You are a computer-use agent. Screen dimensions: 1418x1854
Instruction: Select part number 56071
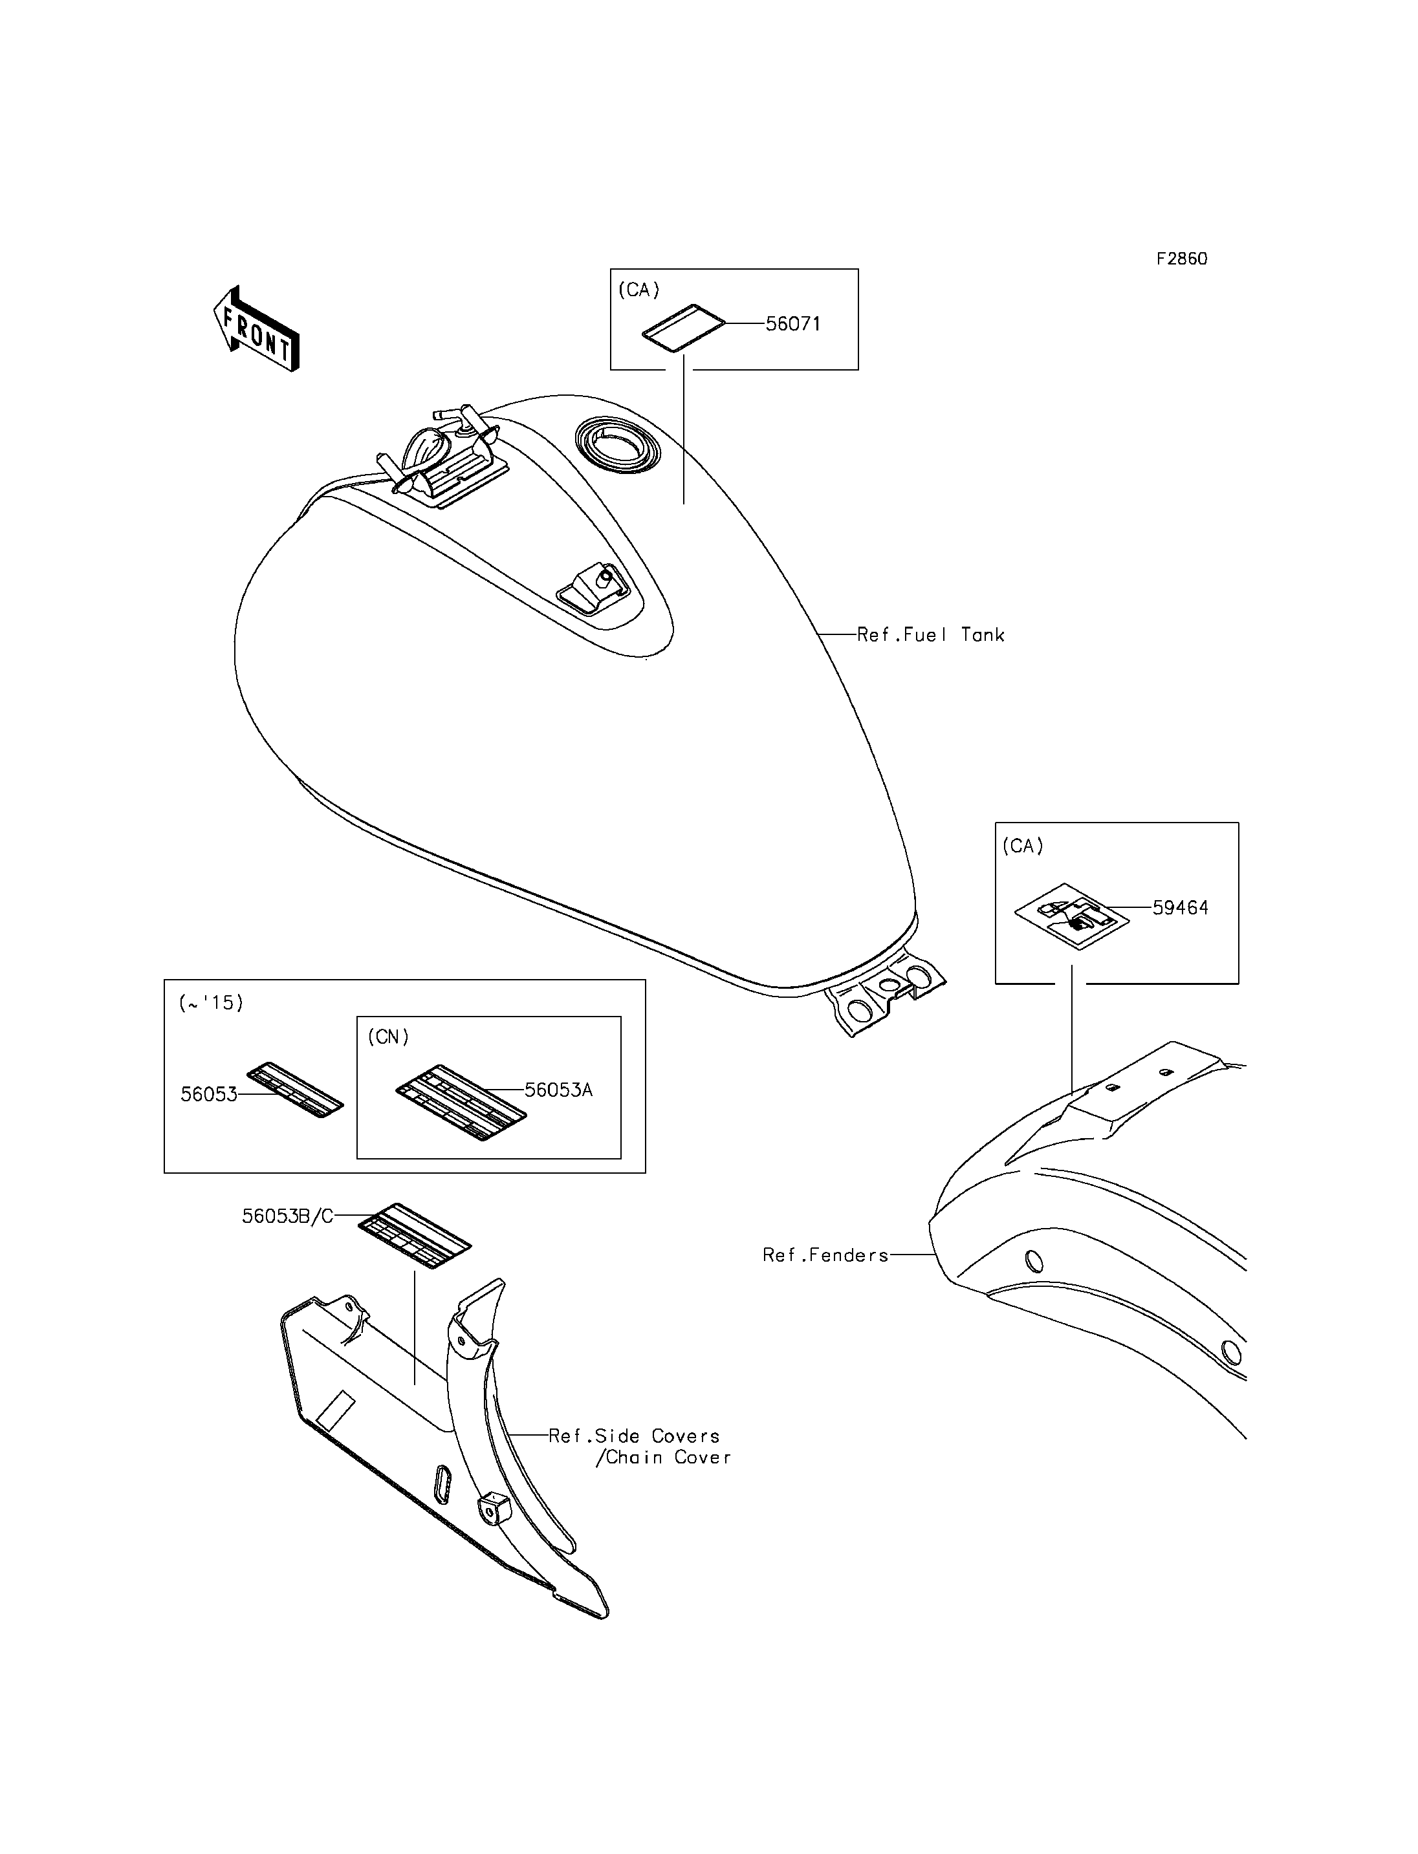coord(792,324)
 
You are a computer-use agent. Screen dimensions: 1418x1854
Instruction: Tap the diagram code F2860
coord(1182,259)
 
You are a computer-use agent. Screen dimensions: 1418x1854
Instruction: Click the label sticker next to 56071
coord(684,326)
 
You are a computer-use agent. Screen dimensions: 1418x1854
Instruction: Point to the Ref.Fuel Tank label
coord(931,634)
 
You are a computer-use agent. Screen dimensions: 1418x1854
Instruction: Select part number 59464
coord(1181,908)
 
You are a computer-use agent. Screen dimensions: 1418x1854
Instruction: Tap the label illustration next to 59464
coord(1072,916)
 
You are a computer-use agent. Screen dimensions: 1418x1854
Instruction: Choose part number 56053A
coord(559,1090)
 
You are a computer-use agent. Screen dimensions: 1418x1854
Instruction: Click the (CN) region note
coord(388,1037)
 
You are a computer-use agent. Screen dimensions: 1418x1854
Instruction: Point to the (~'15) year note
coord(211,1002)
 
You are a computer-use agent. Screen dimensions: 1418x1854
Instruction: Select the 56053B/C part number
coord(288,1216)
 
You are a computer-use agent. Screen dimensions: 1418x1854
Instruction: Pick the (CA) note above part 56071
coord(639,290)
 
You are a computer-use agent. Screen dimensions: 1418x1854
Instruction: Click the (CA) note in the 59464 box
coord(1023,846)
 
